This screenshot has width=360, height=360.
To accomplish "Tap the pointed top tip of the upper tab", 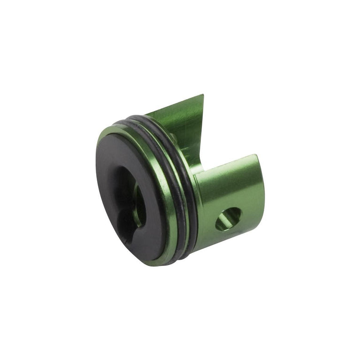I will (x=203, y=95).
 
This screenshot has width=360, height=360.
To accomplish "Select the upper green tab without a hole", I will (x=181, y=124).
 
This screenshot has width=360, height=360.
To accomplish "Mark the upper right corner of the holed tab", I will (x=256, y=155).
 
